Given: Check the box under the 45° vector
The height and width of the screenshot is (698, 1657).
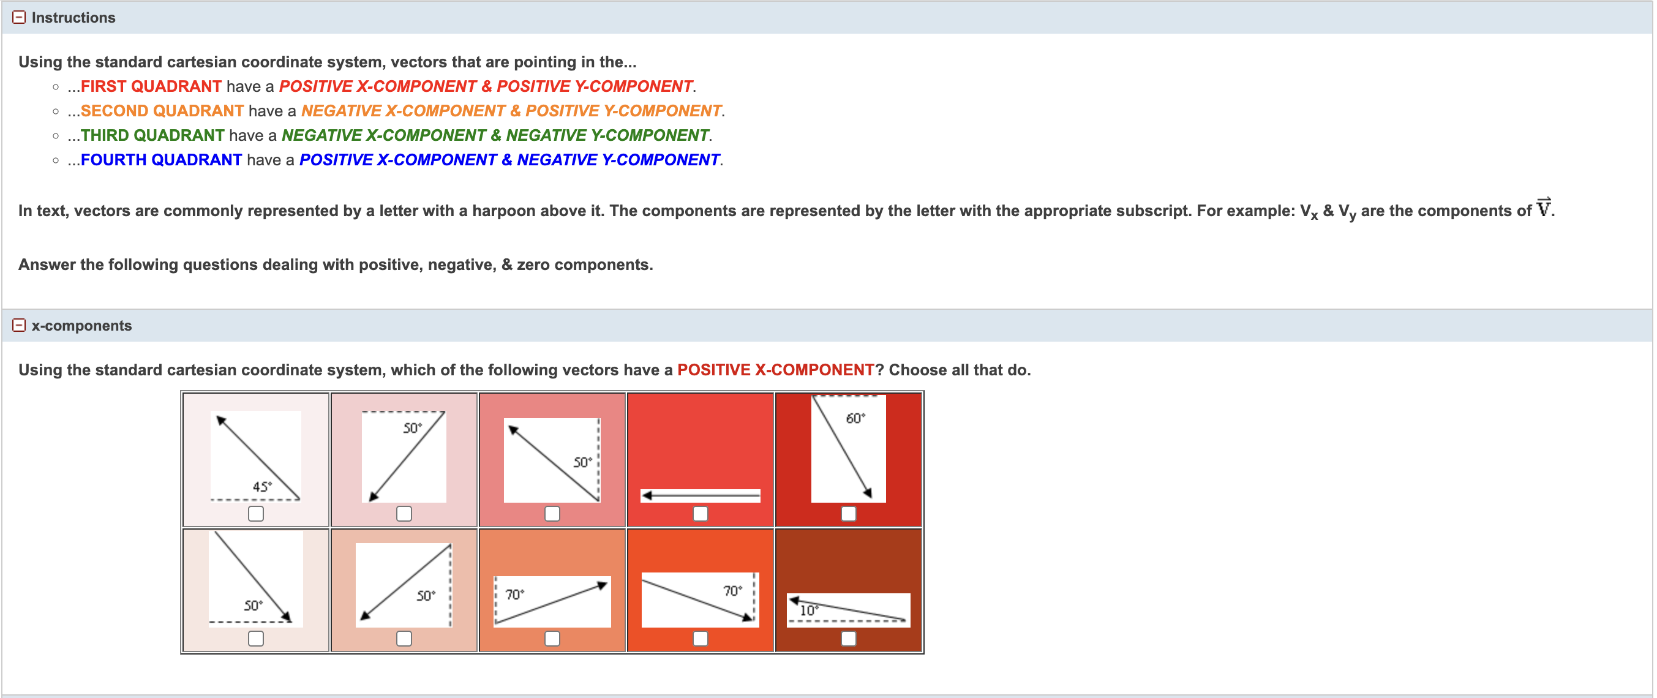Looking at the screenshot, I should [256, 513].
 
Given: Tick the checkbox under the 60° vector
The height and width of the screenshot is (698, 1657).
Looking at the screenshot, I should [849, 513].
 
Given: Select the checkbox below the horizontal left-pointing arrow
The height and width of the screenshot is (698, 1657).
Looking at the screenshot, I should [701, 513].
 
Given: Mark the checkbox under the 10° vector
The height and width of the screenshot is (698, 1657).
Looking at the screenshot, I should [849, 638].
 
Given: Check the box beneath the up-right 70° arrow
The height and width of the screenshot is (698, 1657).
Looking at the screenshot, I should [552, 638].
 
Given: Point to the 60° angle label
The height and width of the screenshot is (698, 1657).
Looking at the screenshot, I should [855, 419].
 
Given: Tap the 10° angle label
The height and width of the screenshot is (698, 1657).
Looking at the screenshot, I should [808, 610].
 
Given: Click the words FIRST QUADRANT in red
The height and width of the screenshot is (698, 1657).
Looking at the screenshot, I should [151, 86].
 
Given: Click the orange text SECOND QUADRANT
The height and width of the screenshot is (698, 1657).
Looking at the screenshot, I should [162, 111].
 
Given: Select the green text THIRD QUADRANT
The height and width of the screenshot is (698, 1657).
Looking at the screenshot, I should [152, 135].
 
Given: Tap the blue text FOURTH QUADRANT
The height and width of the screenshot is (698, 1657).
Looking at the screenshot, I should [162, 160].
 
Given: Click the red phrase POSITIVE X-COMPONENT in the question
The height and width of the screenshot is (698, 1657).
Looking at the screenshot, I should [775, 370].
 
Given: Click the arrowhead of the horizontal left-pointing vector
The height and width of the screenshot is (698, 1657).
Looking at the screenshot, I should [648, 495].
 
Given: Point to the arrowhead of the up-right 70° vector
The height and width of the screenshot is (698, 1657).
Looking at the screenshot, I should [602, 585].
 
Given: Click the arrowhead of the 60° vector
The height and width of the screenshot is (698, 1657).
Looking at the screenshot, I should [868, 493].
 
